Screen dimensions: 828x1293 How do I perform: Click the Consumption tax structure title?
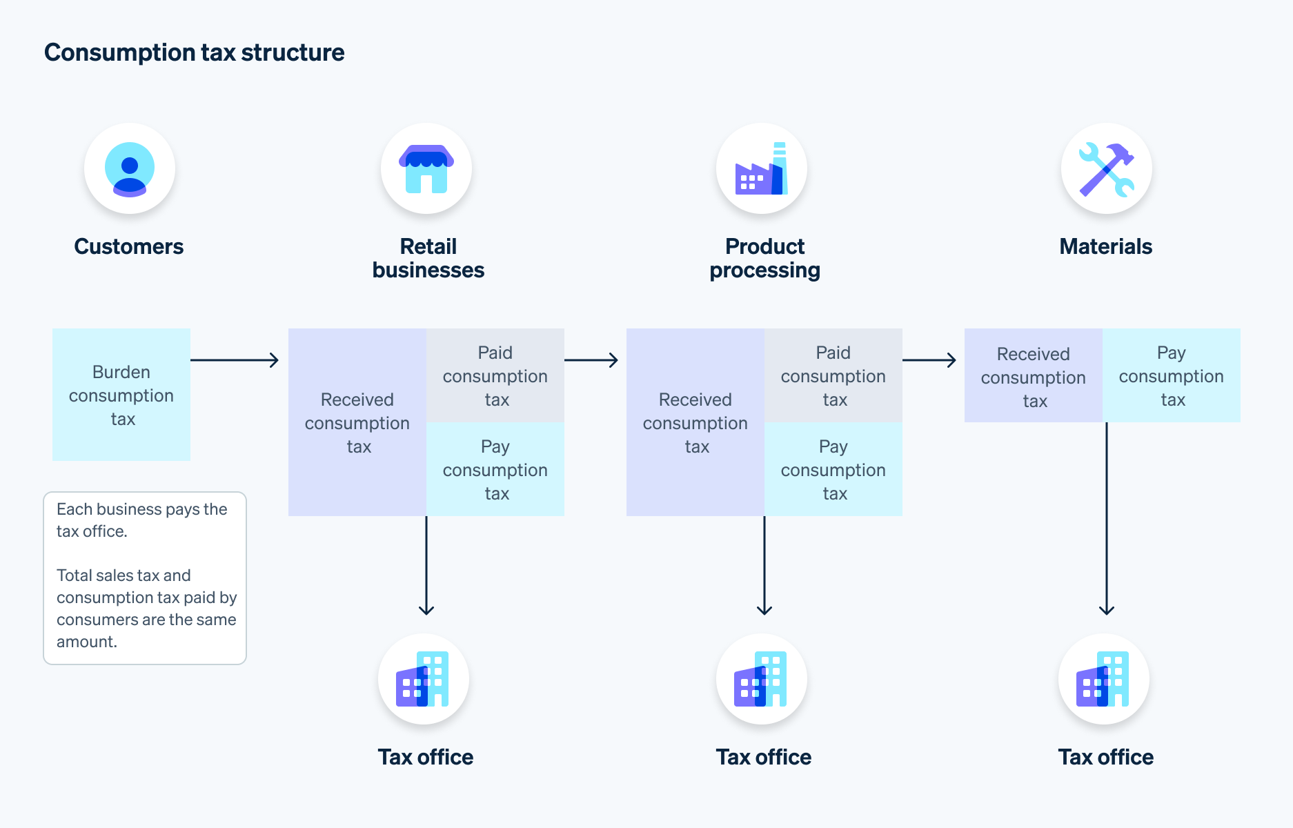tap(194, 52)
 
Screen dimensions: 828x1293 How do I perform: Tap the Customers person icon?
tap(130, 169)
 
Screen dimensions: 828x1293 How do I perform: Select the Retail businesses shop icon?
tap(426, 169)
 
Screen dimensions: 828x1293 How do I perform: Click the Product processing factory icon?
tap(762, 169)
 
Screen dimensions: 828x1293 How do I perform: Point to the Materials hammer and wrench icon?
tap(1106, 169)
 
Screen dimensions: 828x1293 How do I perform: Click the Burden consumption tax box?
tap(121, 395)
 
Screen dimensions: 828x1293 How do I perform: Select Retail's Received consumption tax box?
tap(357, 422)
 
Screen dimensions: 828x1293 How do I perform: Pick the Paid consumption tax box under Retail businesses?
tap(495, 375)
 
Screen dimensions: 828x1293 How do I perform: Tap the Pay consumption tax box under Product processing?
tap(833, 469)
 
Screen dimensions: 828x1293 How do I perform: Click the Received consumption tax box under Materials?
tap(1034, 376)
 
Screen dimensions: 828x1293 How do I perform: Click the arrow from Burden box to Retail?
tap(235, 359)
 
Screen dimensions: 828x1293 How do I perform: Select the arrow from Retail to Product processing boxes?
tap(591, 359)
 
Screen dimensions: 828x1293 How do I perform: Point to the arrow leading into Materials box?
tap(929, 359)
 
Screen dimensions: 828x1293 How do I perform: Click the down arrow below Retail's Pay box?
tap(426, 566)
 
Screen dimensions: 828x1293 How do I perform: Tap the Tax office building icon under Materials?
tap(1103, 679)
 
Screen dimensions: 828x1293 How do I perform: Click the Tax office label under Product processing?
tap(763, 757)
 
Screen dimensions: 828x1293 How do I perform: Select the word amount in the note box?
tap(86, 642)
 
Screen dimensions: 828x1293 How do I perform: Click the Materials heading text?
tap(1105, 246)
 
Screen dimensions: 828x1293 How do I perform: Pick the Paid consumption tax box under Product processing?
tap(833, 375)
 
